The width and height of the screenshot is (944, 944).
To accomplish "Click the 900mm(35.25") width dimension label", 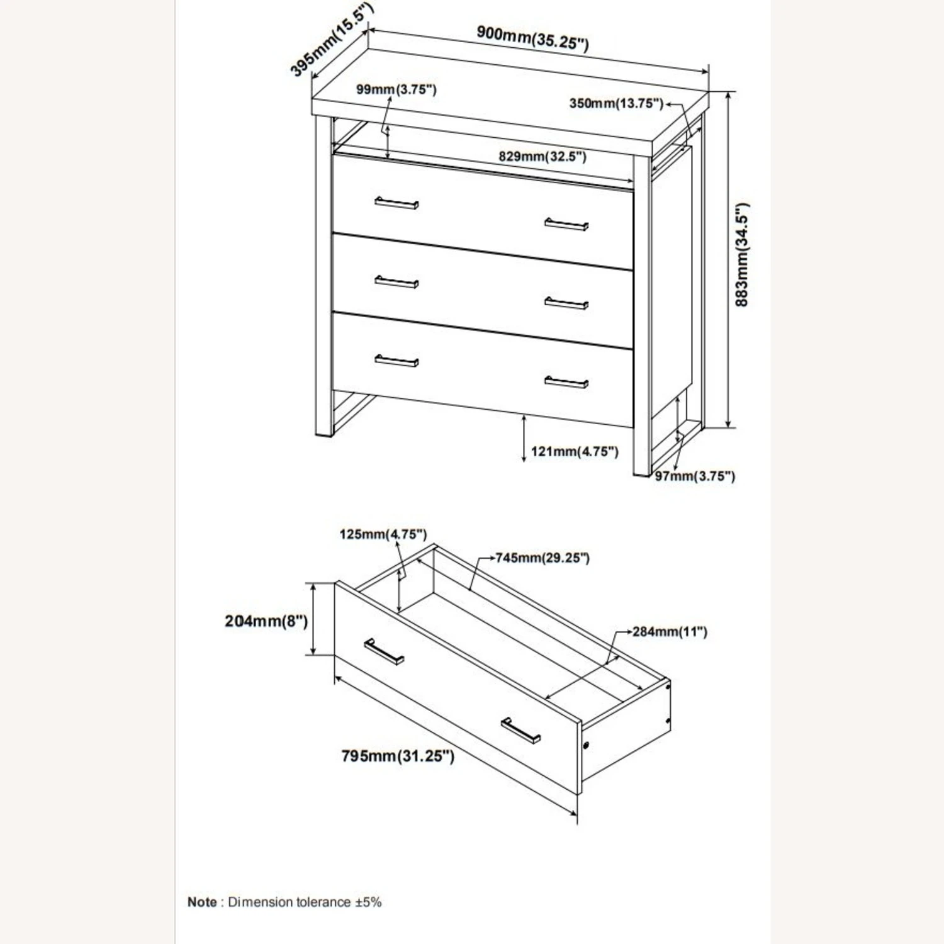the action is point(532,38).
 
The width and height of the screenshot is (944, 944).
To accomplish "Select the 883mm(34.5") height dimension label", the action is point(743,255).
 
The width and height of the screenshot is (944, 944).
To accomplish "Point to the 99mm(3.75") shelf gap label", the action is point(396,89).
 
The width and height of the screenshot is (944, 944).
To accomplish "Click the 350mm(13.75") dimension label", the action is point(616,103).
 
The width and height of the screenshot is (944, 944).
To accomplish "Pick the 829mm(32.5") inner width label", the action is point(542,156).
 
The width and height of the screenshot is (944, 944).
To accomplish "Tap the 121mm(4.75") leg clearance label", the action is point(575,451).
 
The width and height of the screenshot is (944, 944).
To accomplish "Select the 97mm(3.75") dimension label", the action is point(695,476).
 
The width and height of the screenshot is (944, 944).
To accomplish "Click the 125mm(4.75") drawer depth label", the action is point(383,534).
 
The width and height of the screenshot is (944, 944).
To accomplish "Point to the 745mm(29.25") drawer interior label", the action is point(542,558).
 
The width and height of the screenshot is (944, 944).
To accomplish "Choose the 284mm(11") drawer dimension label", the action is point(670,631).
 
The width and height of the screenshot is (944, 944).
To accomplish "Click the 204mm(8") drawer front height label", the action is point(266,621).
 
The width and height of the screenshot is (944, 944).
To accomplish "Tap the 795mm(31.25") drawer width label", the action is point(398,755).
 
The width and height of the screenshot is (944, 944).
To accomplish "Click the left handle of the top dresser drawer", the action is point(396,203).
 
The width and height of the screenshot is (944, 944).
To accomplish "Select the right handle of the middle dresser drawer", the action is point(566,303).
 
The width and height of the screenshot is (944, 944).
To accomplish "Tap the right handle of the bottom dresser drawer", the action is point(566,382).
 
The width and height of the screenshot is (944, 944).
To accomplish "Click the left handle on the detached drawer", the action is point(384,651).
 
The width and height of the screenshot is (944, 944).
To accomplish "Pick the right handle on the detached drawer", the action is point(521,731).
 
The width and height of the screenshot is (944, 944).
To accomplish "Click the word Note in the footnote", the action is point(202,902).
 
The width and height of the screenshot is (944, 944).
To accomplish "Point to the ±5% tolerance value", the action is point(368,902).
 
